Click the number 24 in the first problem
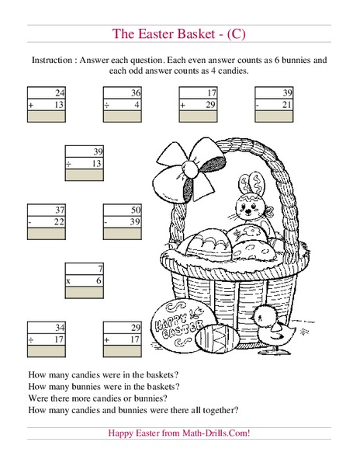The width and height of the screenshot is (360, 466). click(60, 92)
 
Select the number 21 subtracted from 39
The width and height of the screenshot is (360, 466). click(287, 103)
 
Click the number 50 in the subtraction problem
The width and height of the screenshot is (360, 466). click(135, 210)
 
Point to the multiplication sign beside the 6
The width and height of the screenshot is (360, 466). click(68, 280)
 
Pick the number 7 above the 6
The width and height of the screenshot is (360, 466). click(99, 268)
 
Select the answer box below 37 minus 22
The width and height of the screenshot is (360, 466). click(47, 234)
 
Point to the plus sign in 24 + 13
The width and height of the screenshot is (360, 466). click(30, 103)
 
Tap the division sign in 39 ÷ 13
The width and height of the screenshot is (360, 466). click(68, 163)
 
